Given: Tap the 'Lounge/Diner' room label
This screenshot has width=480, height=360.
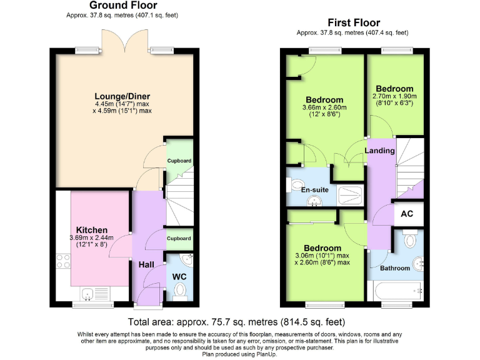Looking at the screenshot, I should point(122,96).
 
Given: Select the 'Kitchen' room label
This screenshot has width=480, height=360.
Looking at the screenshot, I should point(92,230).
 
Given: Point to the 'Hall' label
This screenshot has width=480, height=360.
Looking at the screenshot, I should point(146,265).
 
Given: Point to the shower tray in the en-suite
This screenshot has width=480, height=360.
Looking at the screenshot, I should point(351,195).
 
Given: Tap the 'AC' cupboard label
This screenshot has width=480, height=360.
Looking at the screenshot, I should point(407,214).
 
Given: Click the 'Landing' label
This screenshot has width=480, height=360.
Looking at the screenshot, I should point(379,151).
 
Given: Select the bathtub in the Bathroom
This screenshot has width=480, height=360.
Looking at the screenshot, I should point(396,291).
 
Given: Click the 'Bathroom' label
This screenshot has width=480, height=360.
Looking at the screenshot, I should point(395,268).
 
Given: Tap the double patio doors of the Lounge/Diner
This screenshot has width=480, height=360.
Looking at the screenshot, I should point(127,43).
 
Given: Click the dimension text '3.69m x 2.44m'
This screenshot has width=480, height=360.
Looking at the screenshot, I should point(92,237).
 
